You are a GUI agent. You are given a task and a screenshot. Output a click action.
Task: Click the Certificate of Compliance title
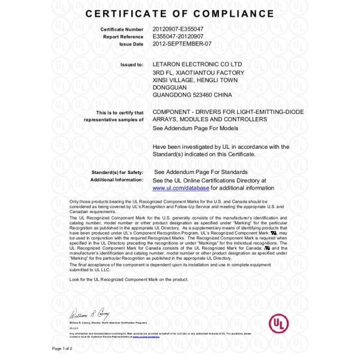(180, 13)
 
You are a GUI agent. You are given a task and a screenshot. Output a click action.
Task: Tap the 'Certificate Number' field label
(121, 29)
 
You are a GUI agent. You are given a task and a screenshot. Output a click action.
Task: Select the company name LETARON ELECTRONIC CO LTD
(197, 64)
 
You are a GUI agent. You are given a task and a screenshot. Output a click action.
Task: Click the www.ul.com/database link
(181, 188)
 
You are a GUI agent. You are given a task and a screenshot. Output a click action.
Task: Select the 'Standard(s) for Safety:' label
(118, 173)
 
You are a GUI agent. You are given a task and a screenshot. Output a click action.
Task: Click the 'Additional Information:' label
(116, 180)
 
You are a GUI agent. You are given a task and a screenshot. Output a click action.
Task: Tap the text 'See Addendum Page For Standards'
(196, 173)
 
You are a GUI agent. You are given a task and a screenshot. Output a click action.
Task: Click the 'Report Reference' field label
(124, 36)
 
